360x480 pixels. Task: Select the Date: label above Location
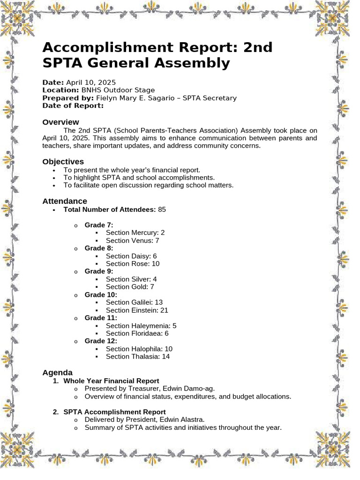(53, 82)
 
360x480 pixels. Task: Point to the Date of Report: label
(73, 105)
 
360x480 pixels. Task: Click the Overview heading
(60, 122)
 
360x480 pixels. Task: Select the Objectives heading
(63, 162)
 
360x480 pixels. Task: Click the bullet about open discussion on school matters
(148, 185)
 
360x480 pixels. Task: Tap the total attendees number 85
(162, 210)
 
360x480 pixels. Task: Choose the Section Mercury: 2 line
(135, 232)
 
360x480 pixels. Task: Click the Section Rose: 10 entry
(132, 263)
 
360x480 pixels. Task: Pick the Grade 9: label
(99, 271)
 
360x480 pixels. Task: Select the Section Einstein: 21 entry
(136, 310)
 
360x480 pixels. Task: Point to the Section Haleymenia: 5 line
(141, 326)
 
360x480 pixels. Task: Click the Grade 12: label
(101, 341)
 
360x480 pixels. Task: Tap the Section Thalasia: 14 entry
(137, 357)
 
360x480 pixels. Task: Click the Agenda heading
(57, 373)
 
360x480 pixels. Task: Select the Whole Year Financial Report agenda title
(111, 381)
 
